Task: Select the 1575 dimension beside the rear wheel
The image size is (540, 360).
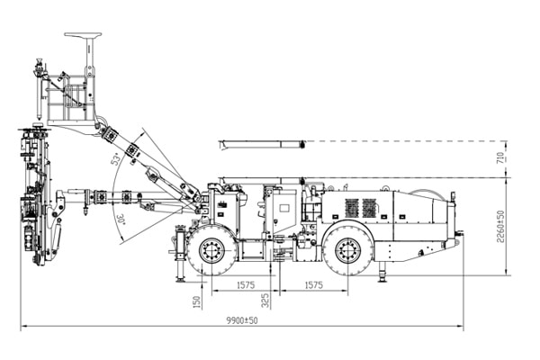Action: tap(310, 286)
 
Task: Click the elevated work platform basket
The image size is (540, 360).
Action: tap(70, 99)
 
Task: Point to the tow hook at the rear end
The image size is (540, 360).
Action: tap(459, 237)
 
